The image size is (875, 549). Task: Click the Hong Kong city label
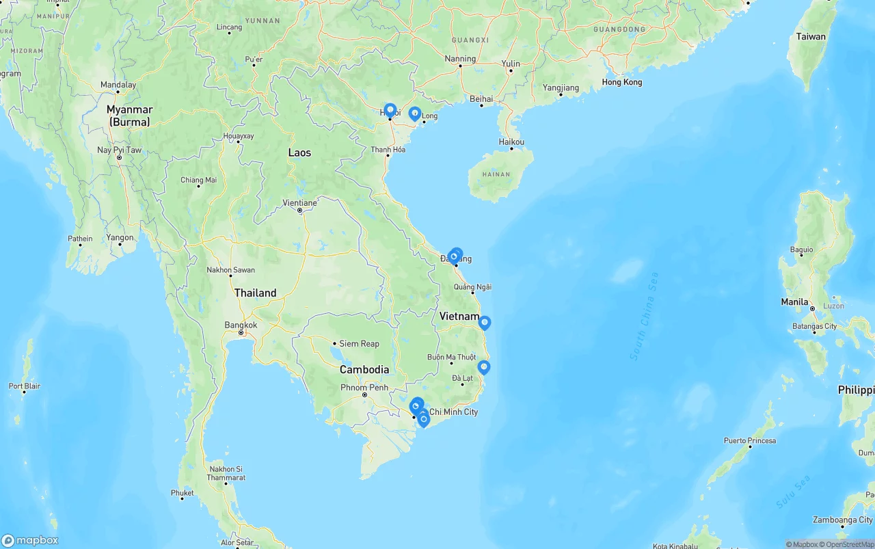(x=621, y=82)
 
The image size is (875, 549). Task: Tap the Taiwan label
(x=811, y=37)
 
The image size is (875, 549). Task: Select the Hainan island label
(x=496, y=174)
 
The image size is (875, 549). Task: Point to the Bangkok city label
(x=241, y=325)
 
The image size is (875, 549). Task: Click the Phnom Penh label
(x=364, y=387)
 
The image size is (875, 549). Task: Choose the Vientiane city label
(x=299, y=203)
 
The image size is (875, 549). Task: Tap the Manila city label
(x=795, y=302)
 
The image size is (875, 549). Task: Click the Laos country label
(x=299, y=152)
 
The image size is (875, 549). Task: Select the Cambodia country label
(x=364, y=370)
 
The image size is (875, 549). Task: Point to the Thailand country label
(x=255, y=293)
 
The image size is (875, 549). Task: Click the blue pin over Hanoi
(x=390, y=111)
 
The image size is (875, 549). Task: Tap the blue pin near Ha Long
(x=414, y=113)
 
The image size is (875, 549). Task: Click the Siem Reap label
(x=359, y=344)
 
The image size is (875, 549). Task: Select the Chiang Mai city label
(x=198, y=180)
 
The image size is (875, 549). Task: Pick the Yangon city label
(x=120, y=238)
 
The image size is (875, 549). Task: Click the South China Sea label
(x=644, y=317)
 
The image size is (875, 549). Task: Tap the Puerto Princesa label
(x=750, y=441)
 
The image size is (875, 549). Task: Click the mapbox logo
(x=30, y=541)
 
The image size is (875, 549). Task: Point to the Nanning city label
(x=460, y=59)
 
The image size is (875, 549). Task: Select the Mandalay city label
(x=118, y=85)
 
